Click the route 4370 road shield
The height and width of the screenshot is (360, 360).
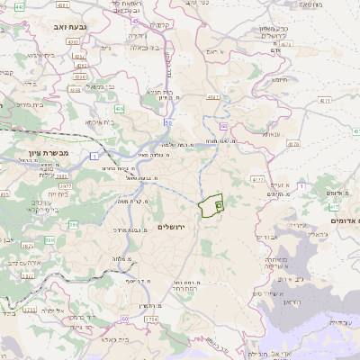pos(257,180)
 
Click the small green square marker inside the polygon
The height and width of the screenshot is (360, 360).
pos(219,205)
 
